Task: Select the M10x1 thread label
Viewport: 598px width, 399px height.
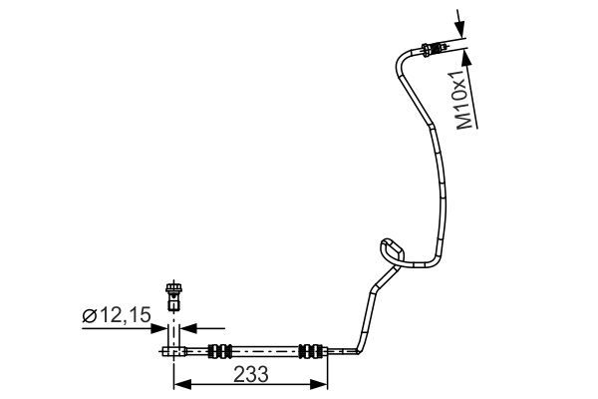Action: [462, 100]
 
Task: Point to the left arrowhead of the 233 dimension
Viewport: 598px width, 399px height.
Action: [179, 383]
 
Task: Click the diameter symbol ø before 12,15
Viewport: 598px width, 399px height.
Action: [89, 316]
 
